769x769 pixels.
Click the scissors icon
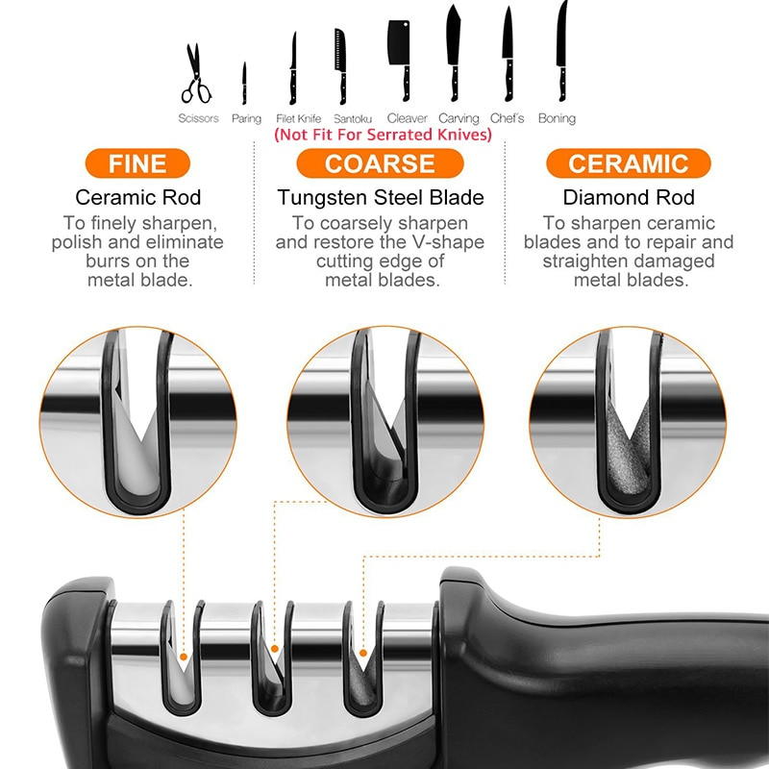(x=196, y=75)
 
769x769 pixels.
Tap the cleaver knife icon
(x=401, y=58)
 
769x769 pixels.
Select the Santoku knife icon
(x=340, y=67)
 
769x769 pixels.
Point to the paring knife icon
(x=245, y=84)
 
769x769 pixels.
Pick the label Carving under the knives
(x=459, y=118)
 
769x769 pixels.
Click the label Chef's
(x=508, y=118)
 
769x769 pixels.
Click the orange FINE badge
(x=137, y=163)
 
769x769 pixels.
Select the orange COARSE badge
(x=382, y=163)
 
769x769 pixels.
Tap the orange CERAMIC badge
(x=629, y=163)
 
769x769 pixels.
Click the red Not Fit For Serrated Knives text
(x=383, y=136)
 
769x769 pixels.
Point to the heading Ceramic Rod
(x=137, y=198)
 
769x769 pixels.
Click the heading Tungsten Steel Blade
(x=381, y=198)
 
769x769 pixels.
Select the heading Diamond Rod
(x=629, y=198)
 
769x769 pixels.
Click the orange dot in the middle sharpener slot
(x=275, y=649)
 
